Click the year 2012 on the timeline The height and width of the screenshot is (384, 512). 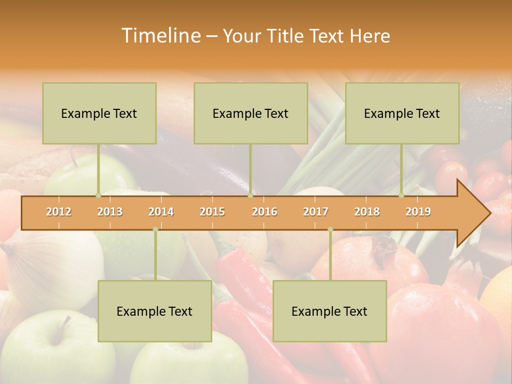tap(59, 212)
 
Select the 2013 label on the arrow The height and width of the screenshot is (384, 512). tap(110, 212)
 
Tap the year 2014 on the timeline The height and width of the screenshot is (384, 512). tap(161, 212)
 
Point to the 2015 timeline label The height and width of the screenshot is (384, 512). tap(212, 212)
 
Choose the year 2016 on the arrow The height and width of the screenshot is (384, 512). tap(265, 212)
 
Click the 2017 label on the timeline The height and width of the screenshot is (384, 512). tap(316, 212)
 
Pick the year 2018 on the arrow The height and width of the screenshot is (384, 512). tap(367, 212)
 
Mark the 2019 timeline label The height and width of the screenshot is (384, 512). tap(418, 212)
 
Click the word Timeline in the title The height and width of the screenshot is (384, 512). tap(160, 36)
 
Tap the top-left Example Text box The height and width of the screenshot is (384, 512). tap(99, 113)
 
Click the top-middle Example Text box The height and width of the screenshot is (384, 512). tap(251, 113)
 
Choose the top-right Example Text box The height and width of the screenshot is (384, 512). tap(402, 113)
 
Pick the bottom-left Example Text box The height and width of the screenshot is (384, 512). tap(155, 311)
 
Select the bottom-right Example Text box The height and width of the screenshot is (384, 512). tap(330, 311)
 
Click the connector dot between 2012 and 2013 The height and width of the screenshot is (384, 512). tap(98, 195)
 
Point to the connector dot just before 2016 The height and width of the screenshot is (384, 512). tap(250, 195)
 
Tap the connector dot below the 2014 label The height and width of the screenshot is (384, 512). tap(155, 229)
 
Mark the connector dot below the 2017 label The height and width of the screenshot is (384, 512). tap(330, 229)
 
